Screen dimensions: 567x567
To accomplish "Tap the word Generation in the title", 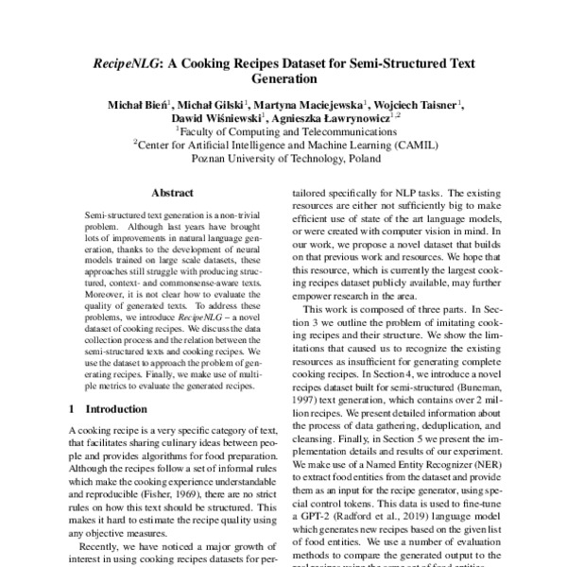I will [283, 81].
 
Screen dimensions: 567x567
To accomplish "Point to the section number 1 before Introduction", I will [73, 410].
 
